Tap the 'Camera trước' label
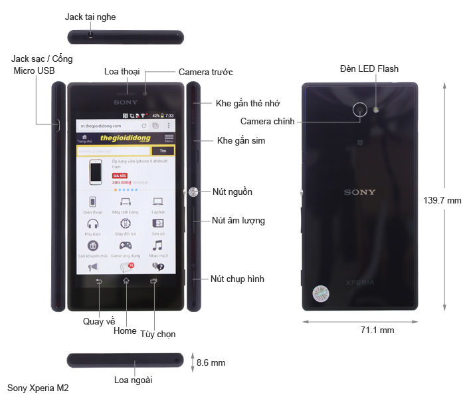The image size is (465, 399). click(x=205, y=72)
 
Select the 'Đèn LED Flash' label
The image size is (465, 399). click(x=369, y=68)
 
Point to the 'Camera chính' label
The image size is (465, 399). click(x=267, y=121)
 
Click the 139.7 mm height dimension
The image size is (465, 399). click(x=442, y=200)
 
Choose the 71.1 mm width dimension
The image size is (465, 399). click(x=377, y=330)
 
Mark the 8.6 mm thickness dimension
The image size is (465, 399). click(x=211, y=363)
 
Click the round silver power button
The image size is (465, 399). click(x=193, y=192)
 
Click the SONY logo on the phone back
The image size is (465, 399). click(x=359, y=192)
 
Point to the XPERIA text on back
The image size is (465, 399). click(x=359, y=283)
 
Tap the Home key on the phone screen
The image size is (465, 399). click(x=126, y=282)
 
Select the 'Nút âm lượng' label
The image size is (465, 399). click(x=238, y=220)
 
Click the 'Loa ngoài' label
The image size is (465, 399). click(x=134, y=380)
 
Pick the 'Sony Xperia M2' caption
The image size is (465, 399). click(x=38, y=387)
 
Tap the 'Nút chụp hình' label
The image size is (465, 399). click(x=237, y=279)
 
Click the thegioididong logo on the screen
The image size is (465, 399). click(x=125, y=138)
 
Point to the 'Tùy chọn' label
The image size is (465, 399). click(x=157, y=334)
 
